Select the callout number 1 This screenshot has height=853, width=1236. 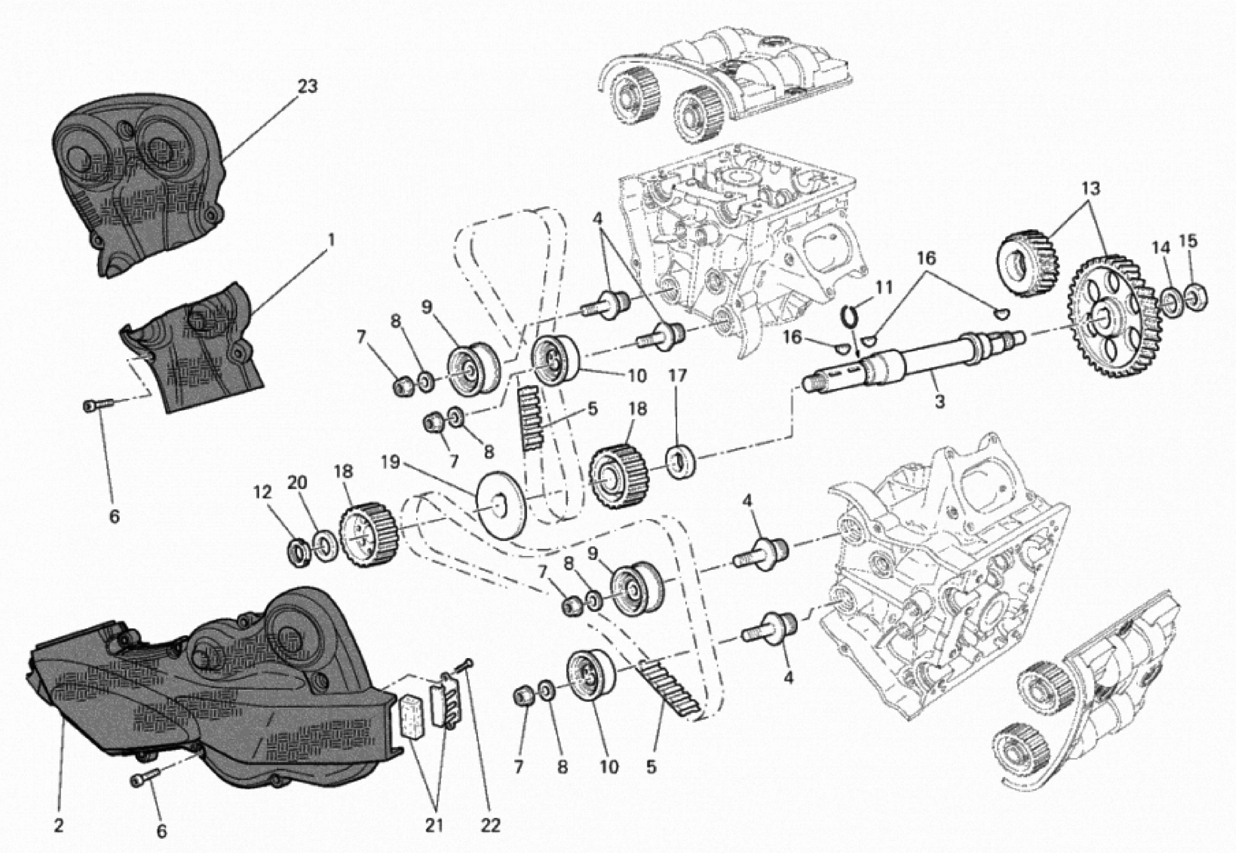pyautogui.click(x=331, y=240)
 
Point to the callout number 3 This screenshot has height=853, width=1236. pyautogui.click(x=939, y=401)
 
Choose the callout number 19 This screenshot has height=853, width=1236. pyautogui.click(x=391, y=462)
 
